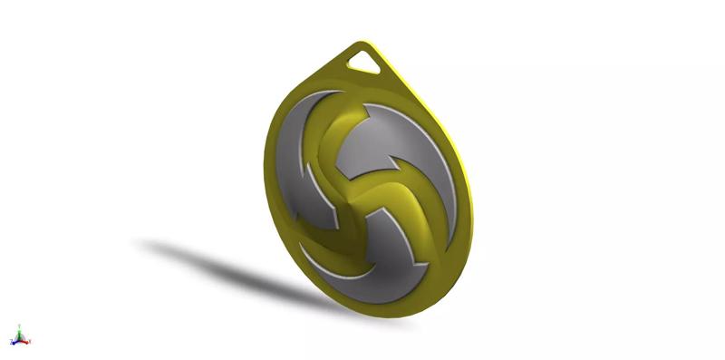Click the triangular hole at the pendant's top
tap(365, 61)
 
